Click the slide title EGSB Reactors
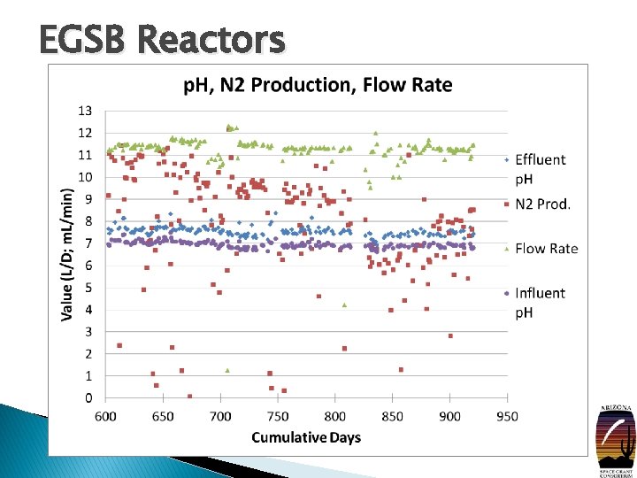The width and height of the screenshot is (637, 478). point(162,40)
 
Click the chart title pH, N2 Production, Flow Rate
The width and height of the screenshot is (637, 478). point(318,85)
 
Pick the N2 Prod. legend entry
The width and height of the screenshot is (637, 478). point(542,204)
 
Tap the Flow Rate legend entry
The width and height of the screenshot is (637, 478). point(546,249)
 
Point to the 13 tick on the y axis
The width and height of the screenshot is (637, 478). point(85,111)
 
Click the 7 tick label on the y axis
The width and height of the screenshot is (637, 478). point(88,243)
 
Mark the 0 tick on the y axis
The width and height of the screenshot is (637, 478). point(88,398)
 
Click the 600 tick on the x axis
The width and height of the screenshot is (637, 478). point(105,416)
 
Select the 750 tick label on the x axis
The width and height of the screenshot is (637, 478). point(278,416)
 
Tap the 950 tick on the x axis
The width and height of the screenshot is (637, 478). point(507,416)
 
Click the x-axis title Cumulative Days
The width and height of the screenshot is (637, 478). point(306,437)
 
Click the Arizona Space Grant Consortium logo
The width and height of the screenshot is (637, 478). point(617,436)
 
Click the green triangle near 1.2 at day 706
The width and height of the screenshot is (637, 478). point(227,370)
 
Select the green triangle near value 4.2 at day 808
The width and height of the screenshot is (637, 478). point(344,305)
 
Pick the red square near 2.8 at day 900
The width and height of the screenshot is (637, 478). point(450,336)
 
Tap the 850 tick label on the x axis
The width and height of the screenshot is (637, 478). point(393,416)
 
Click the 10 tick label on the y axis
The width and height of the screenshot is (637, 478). point(85,177)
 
